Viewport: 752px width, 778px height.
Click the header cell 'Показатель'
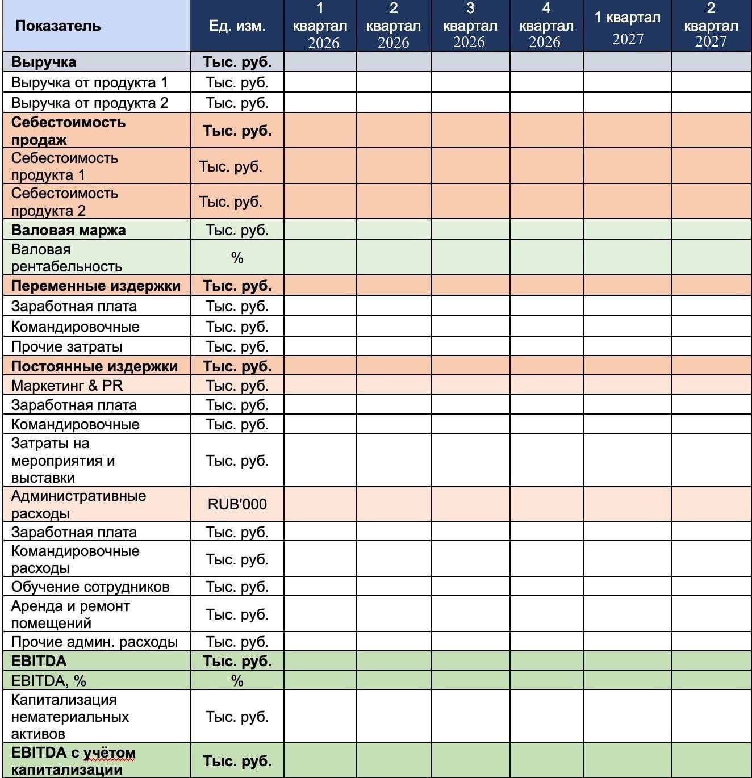coord(58,26)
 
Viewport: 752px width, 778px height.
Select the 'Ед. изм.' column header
coord(237,26)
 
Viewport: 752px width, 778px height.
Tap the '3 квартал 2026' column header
coord(470,26)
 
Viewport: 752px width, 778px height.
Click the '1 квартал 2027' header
coord(627,26)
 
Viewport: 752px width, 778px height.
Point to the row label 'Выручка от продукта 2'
coord(90,103)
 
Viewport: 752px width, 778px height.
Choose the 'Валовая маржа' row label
coord(69,230)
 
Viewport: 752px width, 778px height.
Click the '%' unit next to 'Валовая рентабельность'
coord(237,258)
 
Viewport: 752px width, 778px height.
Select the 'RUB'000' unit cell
coord(237,504)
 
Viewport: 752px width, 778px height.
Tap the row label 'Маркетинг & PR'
coord(67,386)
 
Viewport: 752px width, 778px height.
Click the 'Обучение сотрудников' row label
coord(90,587)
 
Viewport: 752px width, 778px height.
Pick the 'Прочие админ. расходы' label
coord(94,642)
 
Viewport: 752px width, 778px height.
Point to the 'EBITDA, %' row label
coord(49,680)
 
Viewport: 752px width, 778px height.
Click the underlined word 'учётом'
coord(110,754)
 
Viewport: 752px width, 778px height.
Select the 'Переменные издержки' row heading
coord(96,286)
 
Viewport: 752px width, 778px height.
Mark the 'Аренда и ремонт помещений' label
coord(70,614)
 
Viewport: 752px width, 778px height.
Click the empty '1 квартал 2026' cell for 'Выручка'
coord(320,62)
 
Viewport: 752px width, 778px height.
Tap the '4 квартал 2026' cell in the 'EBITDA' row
coord(546,661)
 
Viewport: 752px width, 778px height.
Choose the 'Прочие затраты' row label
coord(66,346)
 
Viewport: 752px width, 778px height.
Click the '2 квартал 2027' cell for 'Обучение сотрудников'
coord(711,587)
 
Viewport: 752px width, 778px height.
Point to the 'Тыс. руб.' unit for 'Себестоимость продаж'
coord(237,131)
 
